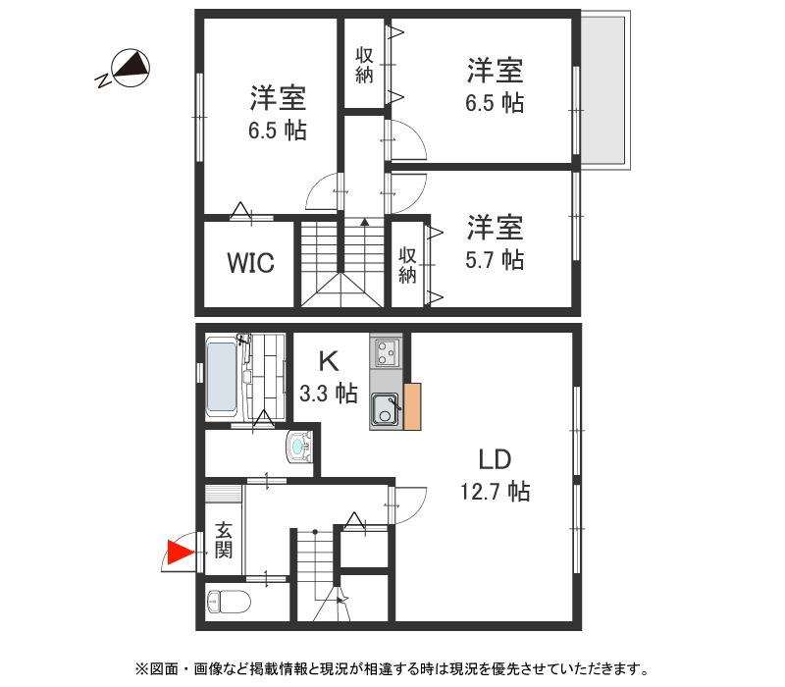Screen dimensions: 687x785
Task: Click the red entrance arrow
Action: click(178, 554)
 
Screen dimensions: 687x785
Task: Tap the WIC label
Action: click(250, 263)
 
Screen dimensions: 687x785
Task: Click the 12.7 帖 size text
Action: click(495, 491)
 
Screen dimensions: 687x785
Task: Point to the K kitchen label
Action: click(327, 359)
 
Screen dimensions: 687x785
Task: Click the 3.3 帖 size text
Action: click(328, 394)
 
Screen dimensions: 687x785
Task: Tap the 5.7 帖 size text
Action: click(494, 259)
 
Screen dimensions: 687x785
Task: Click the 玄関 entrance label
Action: click(224, 540)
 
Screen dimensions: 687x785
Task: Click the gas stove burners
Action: click(385, 350)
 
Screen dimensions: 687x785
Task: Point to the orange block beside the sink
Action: click(412, 405)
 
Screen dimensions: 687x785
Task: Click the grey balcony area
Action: click(602, 90)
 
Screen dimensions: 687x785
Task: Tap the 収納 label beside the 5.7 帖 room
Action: click(407, 264)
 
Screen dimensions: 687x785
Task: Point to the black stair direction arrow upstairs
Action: click(365, 223)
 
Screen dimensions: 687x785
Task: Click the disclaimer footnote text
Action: click(392, 669)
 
